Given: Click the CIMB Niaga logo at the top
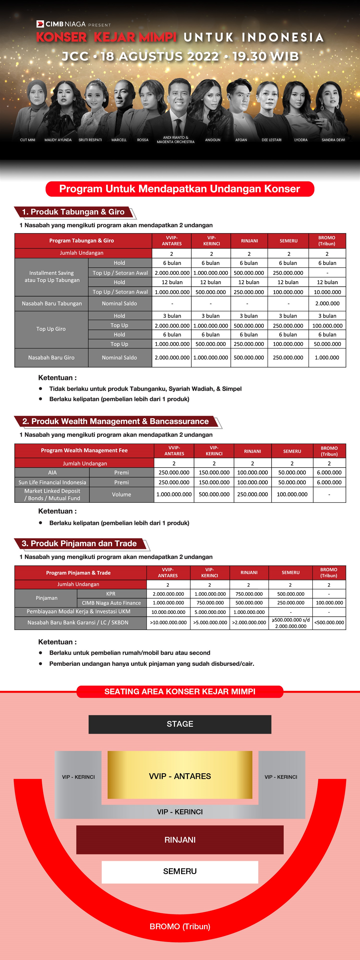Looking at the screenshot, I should click(x=61, y=24).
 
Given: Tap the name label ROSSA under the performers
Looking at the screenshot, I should click(x=143, y=140).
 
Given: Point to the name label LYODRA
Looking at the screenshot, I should click(x=301, y=140).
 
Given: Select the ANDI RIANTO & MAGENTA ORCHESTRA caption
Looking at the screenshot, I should click(x=175, y=140).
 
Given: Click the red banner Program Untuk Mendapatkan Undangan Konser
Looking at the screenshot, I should click(x=180, y=189).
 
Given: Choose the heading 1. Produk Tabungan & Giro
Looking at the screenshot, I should click(x=73, y=212).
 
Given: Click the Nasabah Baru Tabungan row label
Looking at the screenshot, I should click(x=52, y=303).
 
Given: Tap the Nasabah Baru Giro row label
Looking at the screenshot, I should click(x=51, y=357).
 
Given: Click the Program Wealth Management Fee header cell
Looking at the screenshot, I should click(x=84, y=450).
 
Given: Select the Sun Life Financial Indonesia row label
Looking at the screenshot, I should click(x=52, y=482).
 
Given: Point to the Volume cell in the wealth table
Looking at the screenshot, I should click(x=121, y=494).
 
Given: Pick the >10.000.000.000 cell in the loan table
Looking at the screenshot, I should click(x=168, y=622).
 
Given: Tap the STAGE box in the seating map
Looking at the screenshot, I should click(x=180, y=724).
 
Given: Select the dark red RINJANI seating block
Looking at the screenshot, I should click(x=180, y=840).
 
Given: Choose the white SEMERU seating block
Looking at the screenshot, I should click(x=180, y=871).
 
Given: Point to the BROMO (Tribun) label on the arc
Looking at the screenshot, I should click(x=180, y=926).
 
